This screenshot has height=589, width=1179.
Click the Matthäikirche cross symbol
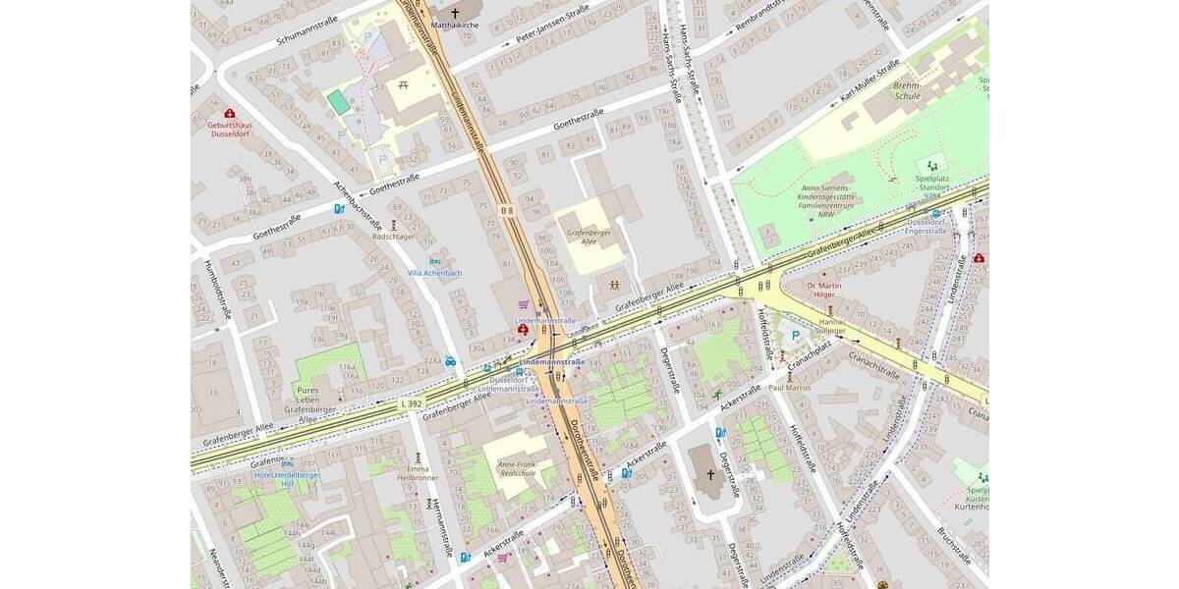pyautogui.click(x=454, y=13)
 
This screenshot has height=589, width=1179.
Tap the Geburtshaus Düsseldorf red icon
pyautogui.click(x=229, y=113)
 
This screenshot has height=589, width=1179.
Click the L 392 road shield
pyautogui.click(x=412, y=402)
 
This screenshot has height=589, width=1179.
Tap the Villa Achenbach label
pyautogui.click(x=434, y=272)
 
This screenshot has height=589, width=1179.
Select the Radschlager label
pyautogui.click(x=393, y=237)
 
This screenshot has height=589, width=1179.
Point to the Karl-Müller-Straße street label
pyautogui.click(x=870, y=82)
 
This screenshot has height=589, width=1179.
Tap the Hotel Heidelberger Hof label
pyautogui.click(x=287, y=479)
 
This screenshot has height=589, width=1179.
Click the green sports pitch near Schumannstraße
pyautogui.click(x=338, y=101)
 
